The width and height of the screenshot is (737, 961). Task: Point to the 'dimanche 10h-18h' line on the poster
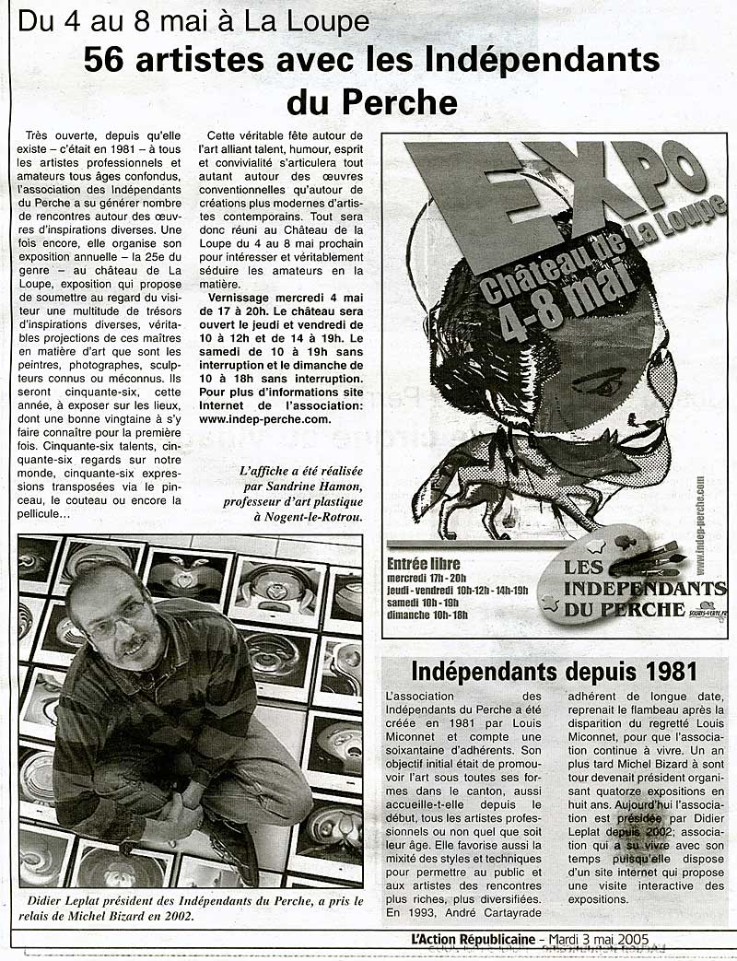pyautogui.click(x=428, y=615)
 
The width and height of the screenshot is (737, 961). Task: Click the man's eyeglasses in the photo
pyautogui.click(x=114, y=615)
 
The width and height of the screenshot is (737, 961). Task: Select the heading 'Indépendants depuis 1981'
pyautogui.click(x=554, y=669)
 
